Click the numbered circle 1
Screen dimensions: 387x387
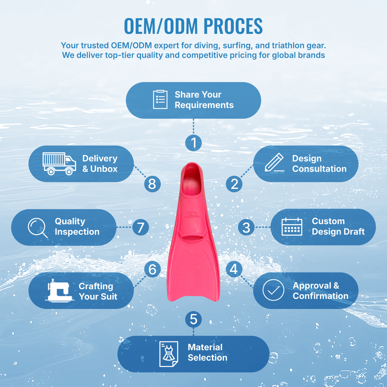click(193, 142)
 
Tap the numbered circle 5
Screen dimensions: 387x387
click(193, 320)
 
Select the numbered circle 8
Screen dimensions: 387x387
click(152, 184)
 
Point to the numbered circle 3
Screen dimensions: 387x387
click(246, 227)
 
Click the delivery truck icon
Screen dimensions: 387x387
click(59, 164)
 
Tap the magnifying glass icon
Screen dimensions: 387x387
click(37, 227)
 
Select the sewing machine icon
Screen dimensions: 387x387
click(60, 291)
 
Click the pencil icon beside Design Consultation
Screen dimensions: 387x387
click(275, 163)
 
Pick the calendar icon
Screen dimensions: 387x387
click(291, 227)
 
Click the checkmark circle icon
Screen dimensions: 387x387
click(273, 290)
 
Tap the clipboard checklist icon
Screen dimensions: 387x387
click(160, 100)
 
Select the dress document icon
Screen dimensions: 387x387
click(169, 354)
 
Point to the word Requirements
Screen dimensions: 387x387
click(204, 105)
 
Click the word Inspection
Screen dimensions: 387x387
click(77, 232)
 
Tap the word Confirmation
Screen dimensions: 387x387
click(320, 296)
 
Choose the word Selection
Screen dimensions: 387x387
click(207, 358)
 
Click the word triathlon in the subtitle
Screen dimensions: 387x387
click(290, 45)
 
